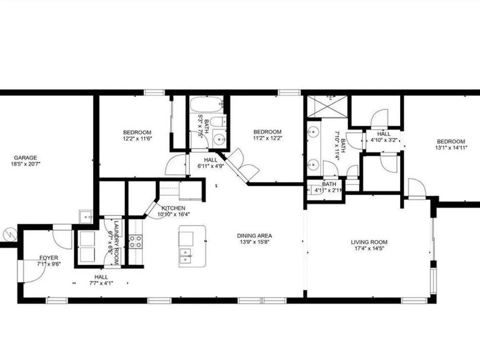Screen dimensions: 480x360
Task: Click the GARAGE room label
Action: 25,157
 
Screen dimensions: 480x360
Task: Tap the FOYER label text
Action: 48,258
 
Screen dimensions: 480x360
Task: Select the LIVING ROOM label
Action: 369,242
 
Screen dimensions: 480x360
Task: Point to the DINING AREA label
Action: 254,236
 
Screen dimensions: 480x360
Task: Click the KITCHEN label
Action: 174,208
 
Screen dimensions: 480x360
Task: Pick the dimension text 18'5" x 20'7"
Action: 25,164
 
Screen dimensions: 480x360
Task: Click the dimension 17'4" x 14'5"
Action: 369,248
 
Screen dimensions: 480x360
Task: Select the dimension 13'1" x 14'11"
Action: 451,147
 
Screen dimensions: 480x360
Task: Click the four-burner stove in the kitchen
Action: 135,241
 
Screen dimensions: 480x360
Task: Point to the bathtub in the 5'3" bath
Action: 205,105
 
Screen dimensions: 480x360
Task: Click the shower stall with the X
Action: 327,106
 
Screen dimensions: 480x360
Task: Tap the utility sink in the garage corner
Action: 86,217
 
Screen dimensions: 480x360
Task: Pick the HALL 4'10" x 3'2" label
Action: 384,137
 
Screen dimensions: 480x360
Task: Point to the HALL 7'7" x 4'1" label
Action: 101,280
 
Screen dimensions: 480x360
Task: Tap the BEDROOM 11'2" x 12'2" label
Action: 267,135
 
